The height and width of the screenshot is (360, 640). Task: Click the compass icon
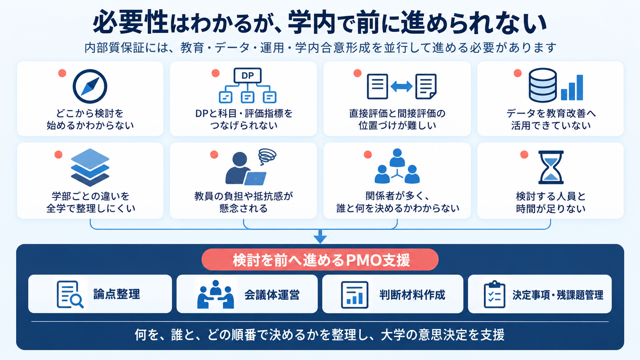[x=90, y=86]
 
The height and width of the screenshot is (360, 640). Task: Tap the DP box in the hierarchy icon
[x=247, y=75]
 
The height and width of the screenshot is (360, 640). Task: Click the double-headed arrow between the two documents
[x=402, y=86]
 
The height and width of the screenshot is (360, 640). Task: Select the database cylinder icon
[x=542, y=85]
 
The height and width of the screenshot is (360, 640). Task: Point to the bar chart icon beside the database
[x=572, y=87]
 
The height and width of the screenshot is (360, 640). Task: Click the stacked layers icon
[x=90, y=167]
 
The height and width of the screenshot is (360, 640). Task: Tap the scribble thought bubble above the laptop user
[x=267, y=156]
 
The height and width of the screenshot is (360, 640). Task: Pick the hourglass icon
[x=551, y=167]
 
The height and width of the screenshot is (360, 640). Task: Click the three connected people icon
[x=397, y=166]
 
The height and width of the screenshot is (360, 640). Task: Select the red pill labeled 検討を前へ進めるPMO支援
[x=320, y=259]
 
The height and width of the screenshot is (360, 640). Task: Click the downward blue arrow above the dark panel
[x=320, y=237]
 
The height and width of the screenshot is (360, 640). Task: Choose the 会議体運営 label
[x=272, y=295]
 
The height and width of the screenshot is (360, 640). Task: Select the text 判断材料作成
[x=412, y=295]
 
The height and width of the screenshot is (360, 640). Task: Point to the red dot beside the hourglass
[x=524, y=155]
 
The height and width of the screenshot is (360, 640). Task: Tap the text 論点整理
[x=117, y=294]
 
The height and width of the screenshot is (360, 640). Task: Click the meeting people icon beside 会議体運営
[x=216, y=294]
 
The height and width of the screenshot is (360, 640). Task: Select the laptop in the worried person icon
[x=255, y=178]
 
